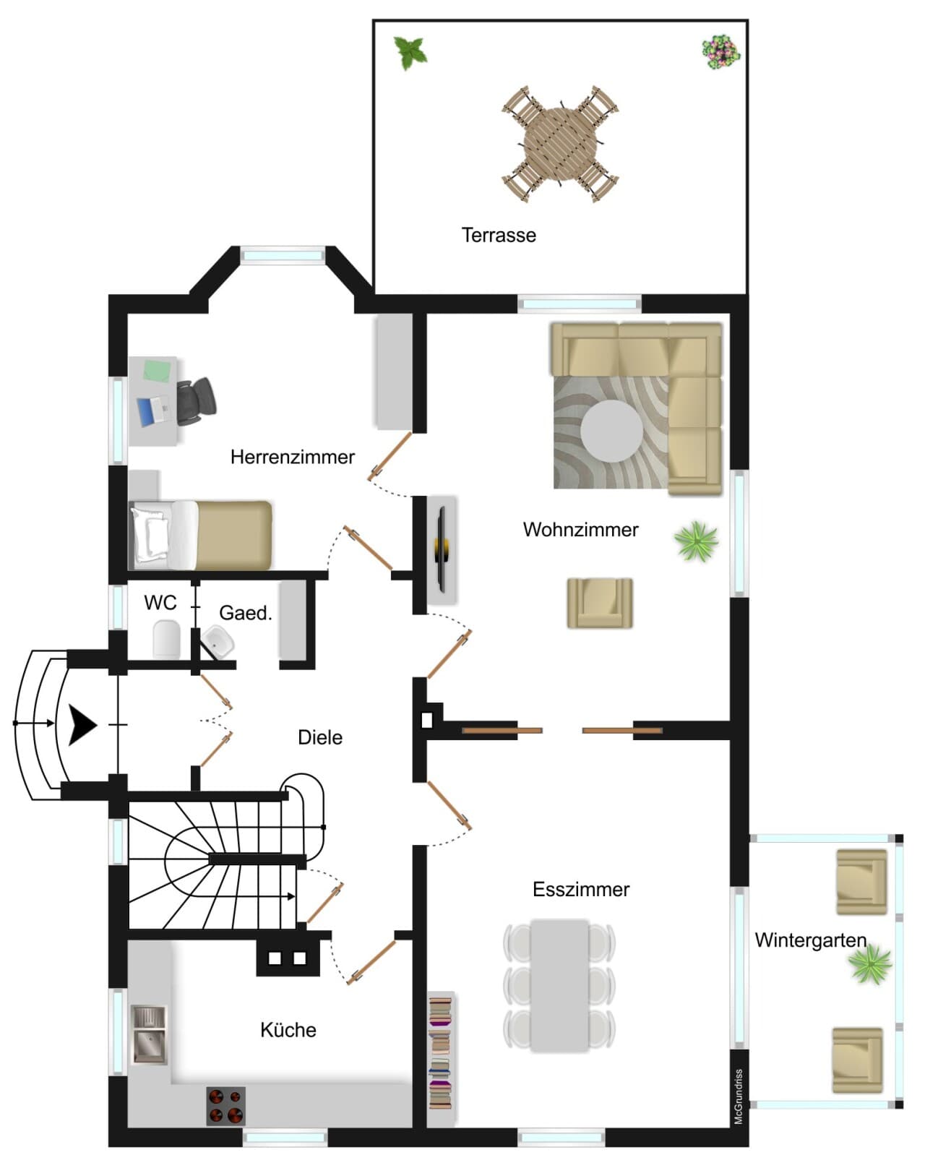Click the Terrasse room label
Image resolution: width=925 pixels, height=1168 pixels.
tap(499, 235)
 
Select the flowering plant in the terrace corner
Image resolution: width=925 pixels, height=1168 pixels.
tap(720, 52)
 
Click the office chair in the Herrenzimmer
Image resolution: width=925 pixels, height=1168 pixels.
tap(195, 403)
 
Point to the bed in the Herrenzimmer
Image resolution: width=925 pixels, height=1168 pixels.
tap(200, 535)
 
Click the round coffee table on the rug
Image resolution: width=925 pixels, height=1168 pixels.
tap(612, 431)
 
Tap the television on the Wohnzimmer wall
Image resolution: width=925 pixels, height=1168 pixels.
tap(442, 549)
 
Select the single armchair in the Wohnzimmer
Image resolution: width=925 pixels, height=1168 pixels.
tap(600, 603)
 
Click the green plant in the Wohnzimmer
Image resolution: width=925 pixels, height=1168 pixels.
tap(696, 541)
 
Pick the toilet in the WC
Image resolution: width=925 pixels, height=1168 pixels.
tap(167, 640)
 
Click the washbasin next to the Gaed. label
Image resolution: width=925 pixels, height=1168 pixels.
tap(218, 640)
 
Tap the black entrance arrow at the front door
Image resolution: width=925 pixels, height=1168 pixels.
tap(82, 725)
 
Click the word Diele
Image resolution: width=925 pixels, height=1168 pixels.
tap(320, 738)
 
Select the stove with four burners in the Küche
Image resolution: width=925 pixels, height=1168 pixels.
tap(225, 1106)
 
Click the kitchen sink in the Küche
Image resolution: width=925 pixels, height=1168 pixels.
tap(150, 1034)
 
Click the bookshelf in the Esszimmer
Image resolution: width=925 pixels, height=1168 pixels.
tap(440, 1058)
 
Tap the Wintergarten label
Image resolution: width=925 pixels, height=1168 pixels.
tap(811, 940)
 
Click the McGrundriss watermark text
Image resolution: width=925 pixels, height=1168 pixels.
tap(739, 1096)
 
